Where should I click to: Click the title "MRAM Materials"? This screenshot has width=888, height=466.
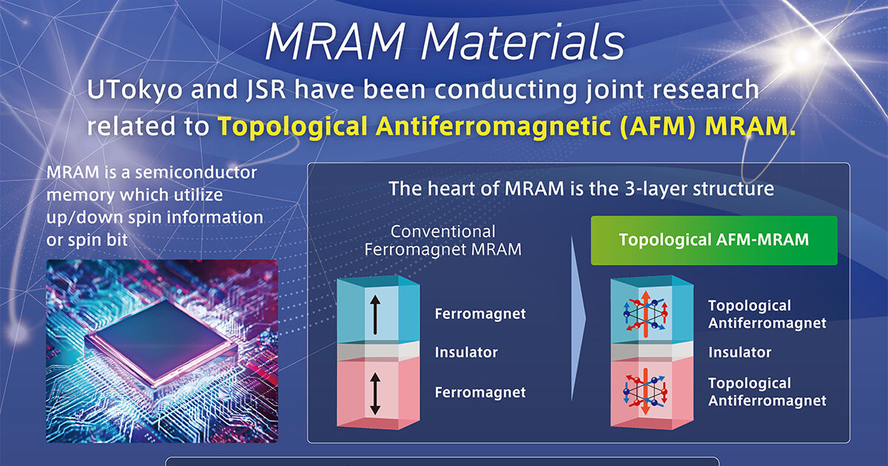point(444,43)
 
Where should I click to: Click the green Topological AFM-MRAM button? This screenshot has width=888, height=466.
point(713,240)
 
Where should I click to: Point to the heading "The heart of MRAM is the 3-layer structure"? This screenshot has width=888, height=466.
point(581,189)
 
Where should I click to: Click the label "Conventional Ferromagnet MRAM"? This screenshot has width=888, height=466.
point(443,240)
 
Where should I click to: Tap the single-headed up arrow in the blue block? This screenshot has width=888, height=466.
point(375,313)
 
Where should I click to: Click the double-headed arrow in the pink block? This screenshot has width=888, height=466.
point(375,394)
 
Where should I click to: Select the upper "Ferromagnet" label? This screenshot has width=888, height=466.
point(480,314)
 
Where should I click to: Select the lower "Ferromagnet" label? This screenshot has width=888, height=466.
point(480,392)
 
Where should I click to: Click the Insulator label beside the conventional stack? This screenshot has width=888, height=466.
point(466,353)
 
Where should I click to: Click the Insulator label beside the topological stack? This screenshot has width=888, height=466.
point(739,353)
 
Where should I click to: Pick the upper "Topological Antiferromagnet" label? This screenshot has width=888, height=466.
point(767,314)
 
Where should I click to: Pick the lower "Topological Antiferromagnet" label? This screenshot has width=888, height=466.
point(767,392)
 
